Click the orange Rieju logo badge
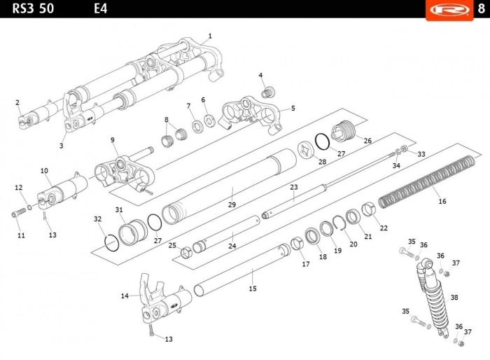pos(449,10)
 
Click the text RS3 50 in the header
pos(33,8)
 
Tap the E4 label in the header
pos(101,8)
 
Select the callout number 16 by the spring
pos(442,201)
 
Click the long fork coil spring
pos(427,181)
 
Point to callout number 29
pos(232,205)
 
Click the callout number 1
pos(210,36)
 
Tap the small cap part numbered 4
pos(267,92)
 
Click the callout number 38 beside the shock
pos(454,297)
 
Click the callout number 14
pos(125,296)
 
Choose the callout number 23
pos(294,187)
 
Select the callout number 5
pos(293,109)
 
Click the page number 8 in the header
pos(482,8)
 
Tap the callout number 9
pos(113,140)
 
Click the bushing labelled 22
pos(369,209)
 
